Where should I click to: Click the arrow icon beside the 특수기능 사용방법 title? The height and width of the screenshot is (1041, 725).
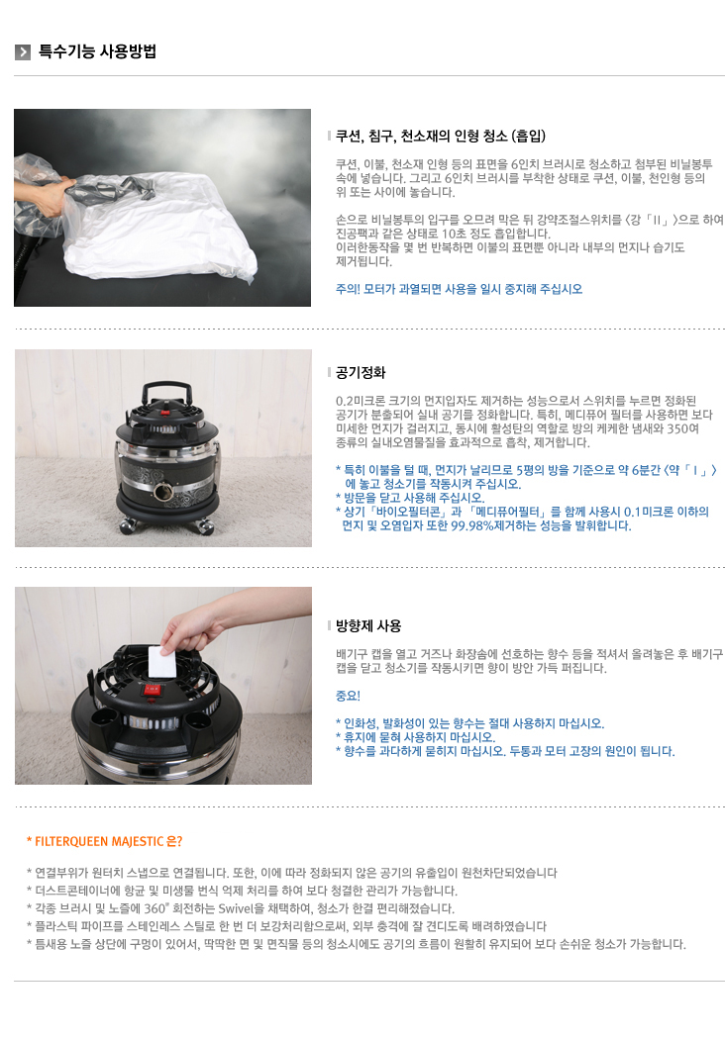coord(23,51)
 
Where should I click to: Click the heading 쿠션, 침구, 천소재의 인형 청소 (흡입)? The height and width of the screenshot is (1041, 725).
coord(441,137)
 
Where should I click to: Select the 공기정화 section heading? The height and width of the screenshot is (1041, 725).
coord(361,372)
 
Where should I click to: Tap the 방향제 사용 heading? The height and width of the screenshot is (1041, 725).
coord(368,625)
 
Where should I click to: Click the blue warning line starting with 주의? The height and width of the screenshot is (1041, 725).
coord(460,289)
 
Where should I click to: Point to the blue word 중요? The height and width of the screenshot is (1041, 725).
coord(349,696)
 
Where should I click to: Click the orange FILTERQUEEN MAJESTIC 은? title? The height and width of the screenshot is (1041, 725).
coord(104,841)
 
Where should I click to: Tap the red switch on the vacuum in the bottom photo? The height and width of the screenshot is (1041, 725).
coord(153,689)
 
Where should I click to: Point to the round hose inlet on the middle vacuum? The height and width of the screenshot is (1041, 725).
coord(162,491)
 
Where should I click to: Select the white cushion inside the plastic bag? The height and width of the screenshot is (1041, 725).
coord(159,223)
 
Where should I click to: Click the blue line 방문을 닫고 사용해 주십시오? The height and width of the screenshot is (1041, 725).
coord(410,498)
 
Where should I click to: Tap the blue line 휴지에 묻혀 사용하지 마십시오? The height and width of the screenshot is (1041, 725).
coord(415,737)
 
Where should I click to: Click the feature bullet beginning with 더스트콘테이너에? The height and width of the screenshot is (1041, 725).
coord(242,891)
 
